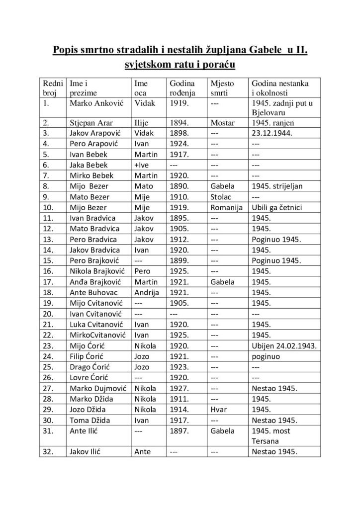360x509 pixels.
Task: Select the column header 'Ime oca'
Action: (x=141, y=88)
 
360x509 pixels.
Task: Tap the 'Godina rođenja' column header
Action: (x=182, y=88)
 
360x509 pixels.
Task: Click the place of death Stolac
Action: (x=221, y=197)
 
